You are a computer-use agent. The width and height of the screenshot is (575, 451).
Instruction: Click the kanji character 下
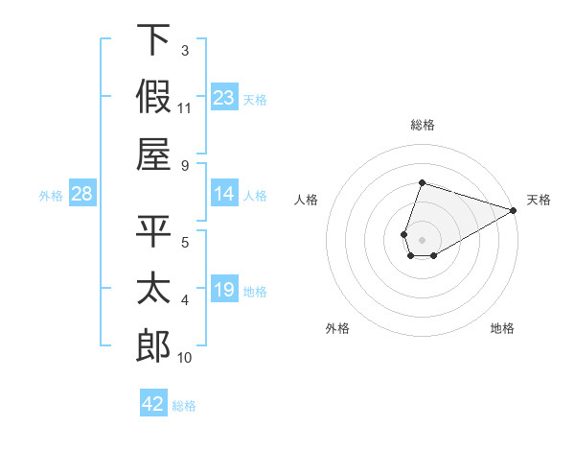[153, 40]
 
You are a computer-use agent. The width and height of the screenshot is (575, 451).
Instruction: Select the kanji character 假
[153, 97]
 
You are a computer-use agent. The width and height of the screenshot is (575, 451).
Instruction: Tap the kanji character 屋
[153, 154]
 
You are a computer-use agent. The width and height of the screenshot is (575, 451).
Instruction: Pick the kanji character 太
[153, 289]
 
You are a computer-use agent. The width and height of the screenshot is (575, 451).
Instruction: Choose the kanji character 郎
[153, 346]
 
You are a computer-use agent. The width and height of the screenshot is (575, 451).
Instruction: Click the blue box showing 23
[224, 98]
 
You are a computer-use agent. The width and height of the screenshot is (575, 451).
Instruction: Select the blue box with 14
[224, 194]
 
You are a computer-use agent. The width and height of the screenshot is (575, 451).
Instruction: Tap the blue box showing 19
[224, 290]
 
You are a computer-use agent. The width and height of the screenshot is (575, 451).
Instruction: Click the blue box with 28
[81, 195]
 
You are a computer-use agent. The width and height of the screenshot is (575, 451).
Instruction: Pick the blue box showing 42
[153, 404]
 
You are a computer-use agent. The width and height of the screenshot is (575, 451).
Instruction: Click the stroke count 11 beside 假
[185, 107]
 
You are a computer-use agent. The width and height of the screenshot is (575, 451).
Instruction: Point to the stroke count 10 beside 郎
[185, 358]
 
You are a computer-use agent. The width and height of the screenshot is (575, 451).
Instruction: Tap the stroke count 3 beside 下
[184, 50]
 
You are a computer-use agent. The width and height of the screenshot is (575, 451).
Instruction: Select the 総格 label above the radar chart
[422, 125]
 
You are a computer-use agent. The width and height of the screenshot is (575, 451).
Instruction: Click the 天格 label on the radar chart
[539, 200]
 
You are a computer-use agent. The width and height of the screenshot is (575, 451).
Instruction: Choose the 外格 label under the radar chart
[337, 329]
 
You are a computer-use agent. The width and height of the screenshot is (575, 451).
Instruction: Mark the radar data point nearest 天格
[514, 210]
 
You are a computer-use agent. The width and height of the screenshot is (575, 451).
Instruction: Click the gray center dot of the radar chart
[422, 238]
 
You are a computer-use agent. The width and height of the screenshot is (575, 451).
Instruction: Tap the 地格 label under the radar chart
[502, 329]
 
